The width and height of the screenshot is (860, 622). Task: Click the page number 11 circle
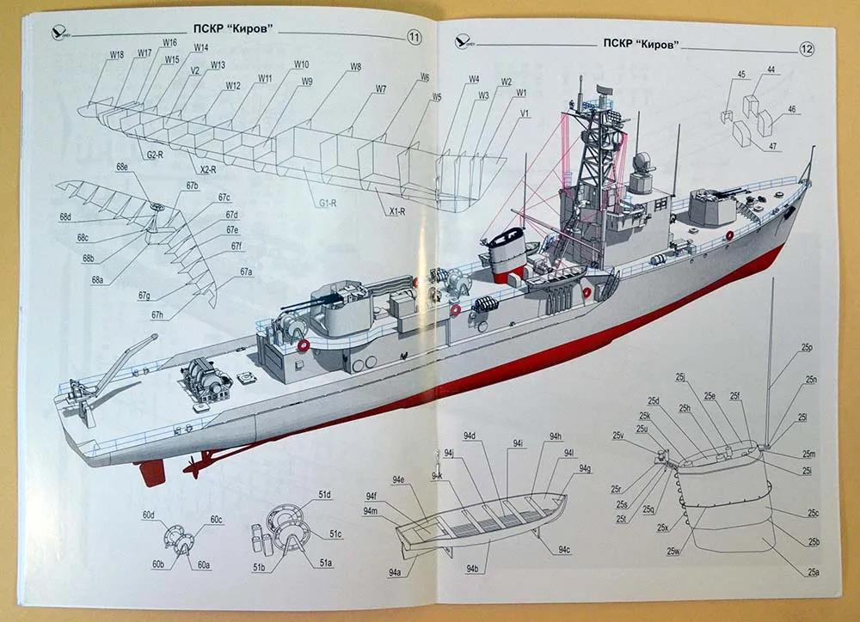414,37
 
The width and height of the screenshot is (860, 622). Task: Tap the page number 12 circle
806,48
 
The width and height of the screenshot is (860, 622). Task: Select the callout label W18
116,54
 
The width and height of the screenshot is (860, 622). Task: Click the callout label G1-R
326,204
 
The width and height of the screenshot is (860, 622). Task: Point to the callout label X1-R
397,210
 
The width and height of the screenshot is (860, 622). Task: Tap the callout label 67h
157,315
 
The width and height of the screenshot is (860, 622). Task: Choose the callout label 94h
555,436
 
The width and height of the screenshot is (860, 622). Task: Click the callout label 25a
813,572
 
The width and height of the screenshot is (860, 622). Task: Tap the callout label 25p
807,347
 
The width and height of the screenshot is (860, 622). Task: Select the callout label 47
773,146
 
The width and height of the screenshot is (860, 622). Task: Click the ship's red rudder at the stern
152,471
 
